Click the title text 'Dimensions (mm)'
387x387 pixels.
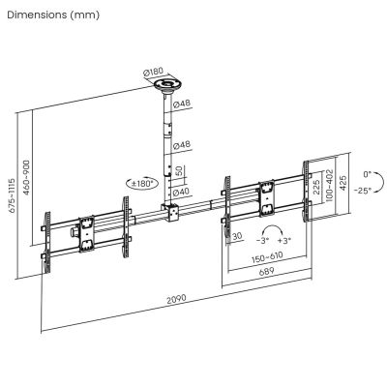tap(51, 16)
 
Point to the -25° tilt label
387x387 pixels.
tap(364, 191)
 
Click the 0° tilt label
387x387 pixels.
tap(366, 174)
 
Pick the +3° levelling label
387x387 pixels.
tap(283, 239)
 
